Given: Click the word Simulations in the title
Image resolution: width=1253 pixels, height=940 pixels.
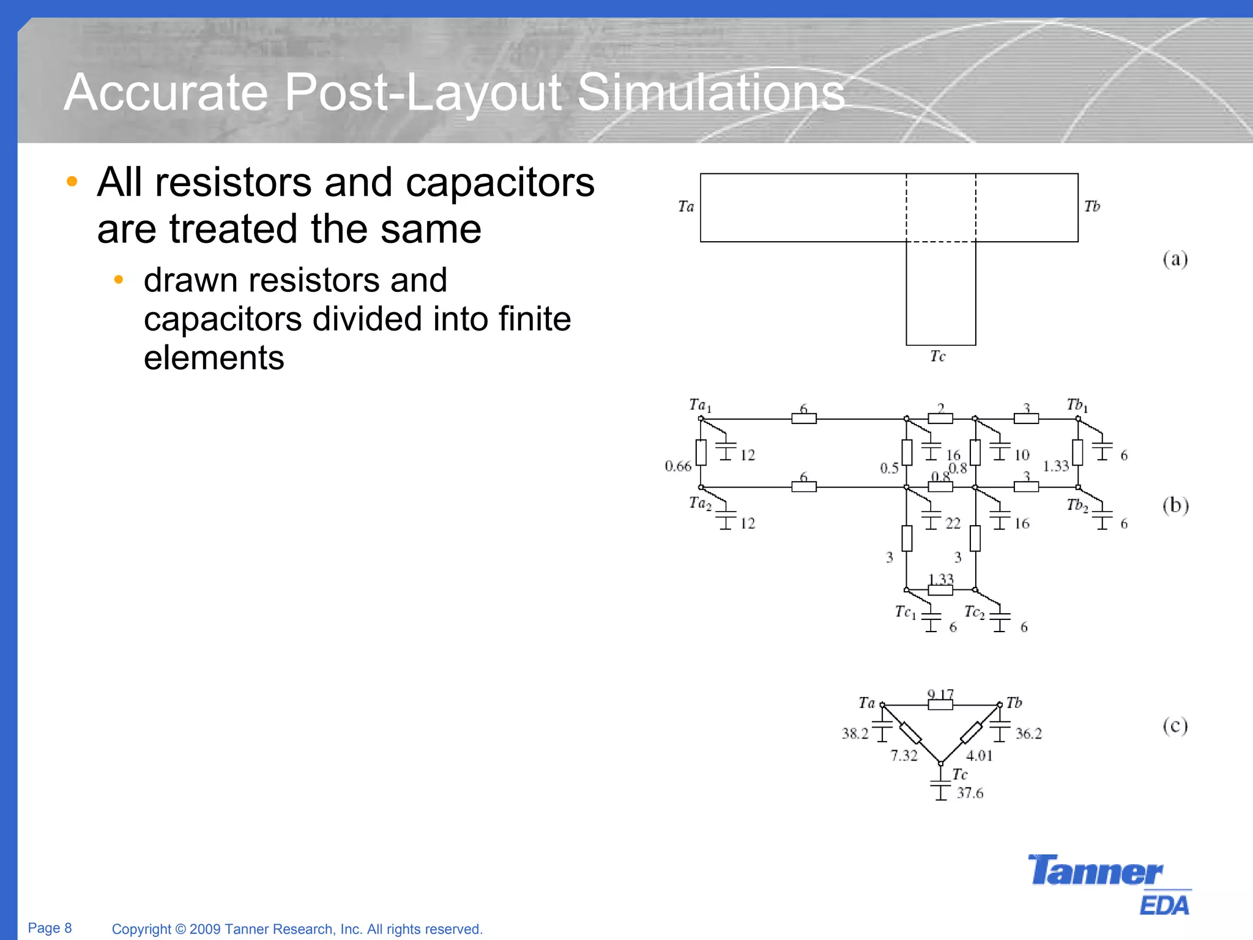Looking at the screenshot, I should pyautogui.click(x=710, y=92).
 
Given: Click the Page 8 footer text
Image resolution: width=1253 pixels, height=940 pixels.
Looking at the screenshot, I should pyautogui.click(x=50, y=928).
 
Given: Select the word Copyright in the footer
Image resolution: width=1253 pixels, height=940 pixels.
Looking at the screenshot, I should pyautogui.click(x=141, y=929).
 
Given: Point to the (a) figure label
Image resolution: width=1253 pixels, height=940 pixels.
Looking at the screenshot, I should pyautogui.click(x=1175, y=259).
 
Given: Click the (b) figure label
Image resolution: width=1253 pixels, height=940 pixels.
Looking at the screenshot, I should pyautogui.click(x=1175, y=505).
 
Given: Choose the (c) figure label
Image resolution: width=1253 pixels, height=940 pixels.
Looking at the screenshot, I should pyautogui.click(x=1175, y=726).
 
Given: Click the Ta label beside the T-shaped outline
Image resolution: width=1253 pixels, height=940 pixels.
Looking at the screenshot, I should pyautogui.click(x=686, y=207).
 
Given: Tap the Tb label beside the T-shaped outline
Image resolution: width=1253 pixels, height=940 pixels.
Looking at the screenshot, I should pyautogui.click(x=1091, y=207).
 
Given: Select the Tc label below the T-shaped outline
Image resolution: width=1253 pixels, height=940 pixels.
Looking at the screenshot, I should pyautogui.click(x=937, y=356).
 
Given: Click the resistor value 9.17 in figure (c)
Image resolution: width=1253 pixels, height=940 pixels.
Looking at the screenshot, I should pyautogui.click(x=940, y=695).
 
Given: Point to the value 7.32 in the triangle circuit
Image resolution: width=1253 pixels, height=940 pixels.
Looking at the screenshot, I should pyautogui.click(x=904, y=756).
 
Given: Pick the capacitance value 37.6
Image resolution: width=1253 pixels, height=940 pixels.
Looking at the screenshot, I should pyautogui.click(x=970, y=793).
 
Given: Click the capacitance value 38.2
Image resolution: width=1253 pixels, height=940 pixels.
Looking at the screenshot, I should pyautogui.click(x=855, y=734).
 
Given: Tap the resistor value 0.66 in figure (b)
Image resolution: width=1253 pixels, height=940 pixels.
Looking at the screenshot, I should pyautogui.click(x=678, y=466).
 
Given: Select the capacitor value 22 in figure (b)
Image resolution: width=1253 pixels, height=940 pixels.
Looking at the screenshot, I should pyautogui.click(x=953, y=523).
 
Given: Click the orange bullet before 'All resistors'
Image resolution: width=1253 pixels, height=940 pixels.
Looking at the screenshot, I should pyautogui.click(x=72, y=181).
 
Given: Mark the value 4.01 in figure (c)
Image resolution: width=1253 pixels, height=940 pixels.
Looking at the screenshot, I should pyautogui.click(x=979, y=756).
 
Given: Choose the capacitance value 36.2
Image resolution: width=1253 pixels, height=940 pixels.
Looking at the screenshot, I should pyautogui.click(x=1028, y=734).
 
